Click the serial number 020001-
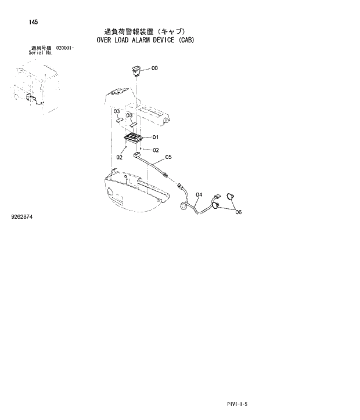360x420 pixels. pos(64,48)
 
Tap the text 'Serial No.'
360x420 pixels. pos(41,52)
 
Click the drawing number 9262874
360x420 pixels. pos(22,216)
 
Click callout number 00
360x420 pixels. pos(154,68)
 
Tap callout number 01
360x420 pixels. pos(156,137)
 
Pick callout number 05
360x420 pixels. pos(168,157)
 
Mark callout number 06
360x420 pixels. pos(238,212)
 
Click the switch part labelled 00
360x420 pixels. pos(136,71)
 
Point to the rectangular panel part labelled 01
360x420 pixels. pos(136,138)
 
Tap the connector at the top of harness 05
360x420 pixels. pos(137,155)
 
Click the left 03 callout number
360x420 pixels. pos(116,111)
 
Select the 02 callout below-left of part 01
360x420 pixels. pos(120,157)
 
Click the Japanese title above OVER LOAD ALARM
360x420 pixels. pos(142,31)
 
